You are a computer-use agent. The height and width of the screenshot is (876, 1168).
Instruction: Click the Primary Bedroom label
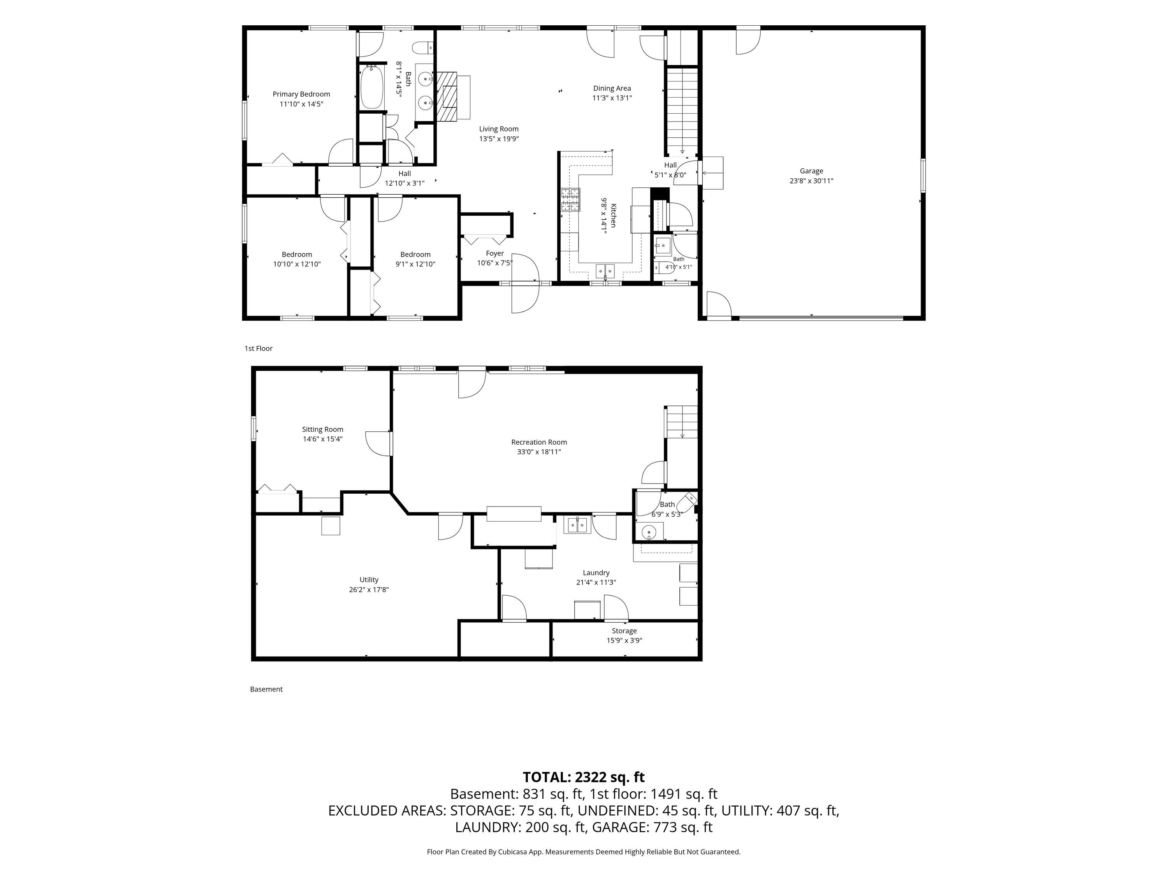[x=301, y=94]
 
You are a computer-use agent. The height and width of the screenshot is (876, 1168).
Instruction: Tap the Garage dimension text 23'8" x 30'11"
[x=811, y=181]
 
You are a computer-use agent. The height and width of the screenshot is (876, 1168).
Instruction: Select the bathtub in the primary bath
[x=372, y=87]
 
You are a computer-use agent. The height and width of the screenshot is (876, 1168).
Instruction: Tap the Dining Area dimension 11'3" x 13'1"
[x=612, y=98]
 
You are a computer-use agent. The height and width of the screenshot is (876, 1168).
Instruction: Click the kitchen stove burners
[x=570, y=200]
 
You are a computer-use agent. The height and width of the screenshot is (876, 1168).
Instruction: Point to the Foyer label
[x=495, y=253]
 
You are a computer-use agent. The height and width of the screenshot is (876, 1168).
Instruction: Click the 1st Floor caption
[x=258, y=348]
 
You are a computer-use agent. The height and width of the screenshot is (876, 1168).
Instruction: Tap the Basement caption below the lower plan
[x=266, y=689]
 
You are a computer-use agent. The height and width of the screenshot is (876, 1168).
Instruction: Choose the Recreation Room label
[x=539, y=442]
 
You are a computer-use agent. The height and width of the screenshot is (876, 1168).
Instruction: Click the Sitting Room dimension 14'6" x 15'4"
[x=323, y=439]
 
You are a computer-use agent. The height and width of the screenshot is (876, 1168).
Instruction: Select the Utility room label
[x=369, y=580]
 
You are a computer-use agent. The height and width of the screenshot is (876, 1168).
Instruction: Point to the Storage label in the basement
[x=624, y=631]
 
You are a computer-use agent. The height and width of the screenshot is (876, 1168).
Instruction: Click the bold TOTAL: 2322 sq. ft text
[x=584, y=777]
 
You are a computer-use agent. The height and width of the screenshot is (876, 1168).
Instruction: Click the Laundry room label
[x=596, y=573]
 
